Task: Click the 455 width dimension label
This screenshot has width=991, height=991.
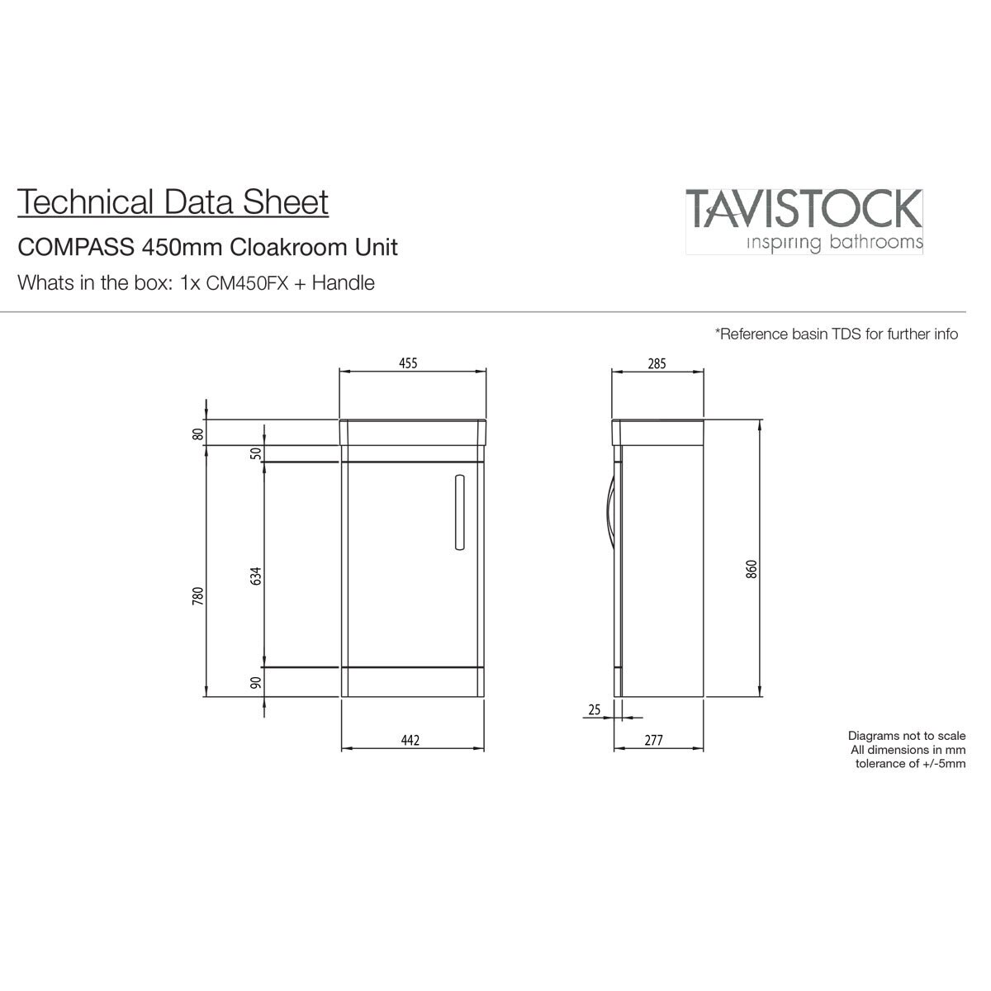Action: pos(408,363)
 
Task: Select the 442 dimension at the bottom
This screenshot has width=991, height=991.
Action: pos(410,740)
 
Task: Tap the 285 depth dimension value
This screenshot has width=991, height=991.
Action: pos(657,363)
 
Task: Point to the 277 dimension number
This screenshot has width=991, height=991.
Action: pos(653,740)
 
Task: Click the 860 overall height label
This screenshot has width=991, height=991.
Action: pos(752,569)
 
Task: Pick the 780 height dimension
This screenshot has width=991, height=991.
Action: pos(198,595)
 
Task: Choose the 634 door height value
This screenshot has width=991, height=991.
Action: pos(255,576)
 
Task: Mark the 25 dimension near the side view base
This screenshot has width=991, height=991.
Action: pos(594,709)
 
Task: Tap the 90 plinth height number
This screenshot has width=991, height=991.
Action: pos(255,682)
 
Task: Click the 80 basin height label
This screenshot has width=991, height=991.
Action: pos(198,434)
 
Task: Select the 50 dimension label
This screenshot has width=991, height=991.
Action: pos(255,453)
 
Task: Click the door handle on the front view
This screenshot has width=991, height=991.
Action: pos(460,512)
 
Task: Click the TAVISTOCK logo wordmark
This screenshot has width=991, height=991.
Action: pos(804,209)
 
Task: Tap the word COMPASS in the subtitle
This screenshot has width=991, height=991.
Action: pos(76,248)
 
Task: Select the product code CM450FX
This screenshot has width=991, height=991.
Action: pos(247,283)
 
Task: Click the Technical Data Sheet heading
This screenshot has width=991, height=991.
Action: pos(173,202)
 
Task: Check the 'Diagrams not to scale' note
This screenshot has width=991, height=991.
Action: pos(907,736)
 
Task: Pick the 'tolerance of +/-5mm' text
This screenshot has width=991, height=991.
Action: pos(910,764)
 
